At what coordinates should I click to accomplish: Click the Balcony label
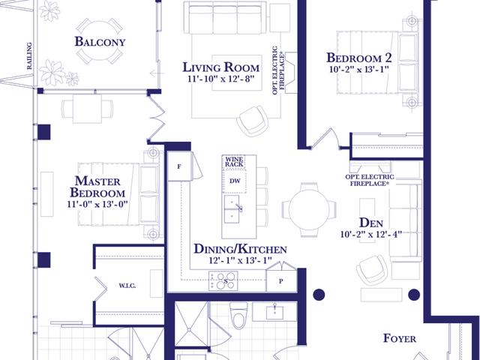tap(100, 42)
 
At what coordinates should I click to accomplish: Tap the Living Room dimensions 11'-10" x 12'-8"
tap(221, 79)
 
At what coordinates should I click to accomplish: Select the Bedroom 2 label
tap(358, 58)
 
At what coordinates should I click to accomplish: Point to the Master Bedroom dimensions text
tap(97, 204)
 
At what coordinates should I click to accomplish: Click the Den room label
tap(371, 223)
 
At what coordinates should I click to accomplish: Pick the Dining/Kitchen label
tap(240, 249)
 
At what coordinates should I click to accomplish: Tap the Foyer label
tap(400, 338)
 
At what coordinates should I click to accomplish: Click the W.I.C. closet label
tap(127, 286)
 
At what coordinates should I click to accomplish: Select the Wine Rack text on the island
tap(234, 162)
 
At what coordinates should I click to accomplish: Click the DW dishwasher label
tap(235, 181)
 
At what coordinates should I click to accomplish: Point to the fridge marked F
tap(179, 166)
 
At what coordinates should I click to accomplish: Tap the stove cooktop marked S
tap(223, 280)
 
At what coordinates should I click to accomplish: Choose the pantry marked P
tap(281, 280)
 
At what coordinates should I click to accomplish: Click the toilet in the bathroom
tap(238, 315)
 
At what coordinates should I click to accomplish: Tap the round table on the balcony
tap(100, 40)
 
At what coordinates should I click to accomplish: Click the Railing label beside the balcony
tap(29, 55)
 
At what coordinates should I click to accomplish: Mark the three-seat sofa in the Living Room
tap(225, 18)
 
